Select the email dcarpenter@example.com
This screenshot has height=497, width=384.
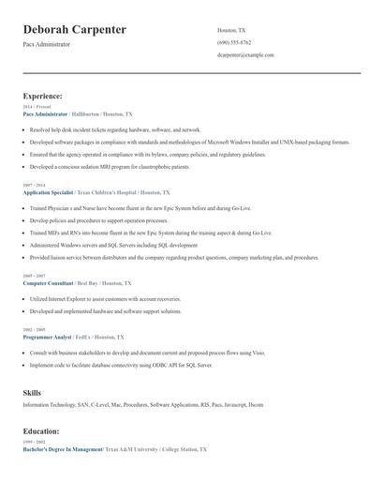(245, 55)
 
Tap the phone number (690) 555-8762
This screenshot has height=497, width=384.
(234, 42)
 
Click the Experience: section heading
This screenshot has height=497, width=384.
(43, 96)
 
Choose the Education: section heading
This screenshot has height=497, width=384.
(42, 430)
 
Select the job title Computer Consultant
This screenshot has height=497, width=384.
(48, 282)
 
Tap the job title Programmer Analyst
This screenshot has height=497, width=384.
(47, 336)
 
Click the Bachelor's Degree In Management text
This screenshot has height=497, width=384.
(63, 449)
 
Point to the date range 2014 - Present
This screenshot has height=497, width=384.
(35, 107)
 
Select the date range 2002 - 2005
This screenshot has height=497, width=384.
(33, 329)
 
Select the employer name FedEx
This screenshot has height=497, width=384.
(83, 336)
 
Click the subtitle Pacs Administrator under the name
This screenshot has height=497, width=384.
(47, 44)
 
